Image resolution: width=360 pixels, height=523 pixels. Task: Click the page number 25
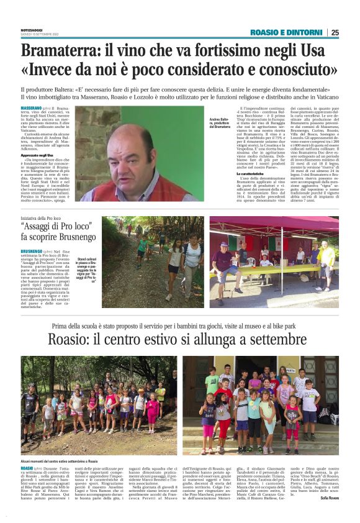point(335,32)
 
